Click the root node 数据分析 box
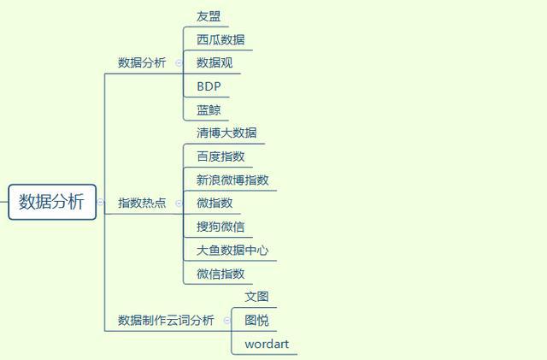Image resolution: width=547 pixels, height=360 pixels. (x=52, y=202)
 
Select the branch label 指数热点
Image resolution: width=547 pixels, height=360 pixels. (x=142, y=204)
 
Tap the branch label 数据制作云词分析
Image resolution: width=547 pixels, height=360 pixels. (x=166, y=321)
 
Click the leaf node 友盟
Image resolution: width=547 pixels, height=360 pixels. (x=209, y=16)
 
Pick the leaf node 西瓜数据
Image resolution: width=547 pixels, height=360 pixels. (x=221, y=39)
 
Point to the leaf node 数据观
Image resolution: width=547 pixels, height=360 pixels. (x=215, y=63)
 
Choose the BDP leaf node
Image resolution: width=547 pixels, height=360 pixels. (x=209, y=86)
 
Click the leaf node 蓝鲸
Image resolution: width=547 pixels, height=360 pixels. (x=209, y=110)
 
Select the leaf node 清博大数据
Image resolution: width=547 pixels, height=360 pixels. (x=226, y=133)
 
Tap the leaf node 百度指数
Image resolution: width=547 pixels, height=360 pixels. (x=221, y=156)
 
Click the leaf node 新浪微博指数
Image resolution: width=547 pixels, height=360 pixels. (x=232, y=180)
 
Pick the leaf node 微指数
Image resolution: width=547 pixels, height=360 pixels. (x=215, y=204)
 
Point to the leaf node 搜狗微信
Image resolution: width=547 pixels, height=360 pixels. (x=221, y=227)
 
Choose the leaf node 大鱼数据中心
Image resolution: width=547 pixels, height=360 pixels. (x=232, y=251)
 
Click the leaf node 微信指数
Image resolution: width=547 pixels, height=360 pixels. (x=221, y=274)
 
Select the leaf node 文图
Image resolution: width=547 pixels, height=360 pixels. (x=256, y=297)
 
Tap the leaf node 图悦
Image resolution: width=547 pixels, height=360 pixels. (x=256, y=321)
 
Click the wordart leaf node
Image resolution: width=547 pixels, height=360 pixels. (x=267, y=345)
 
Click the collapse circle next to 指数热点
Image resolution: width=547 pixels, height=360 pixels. (x=179, y=204)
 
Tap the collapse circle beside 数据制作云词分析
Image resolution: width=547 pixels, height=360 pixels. (x=226, y=321)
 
